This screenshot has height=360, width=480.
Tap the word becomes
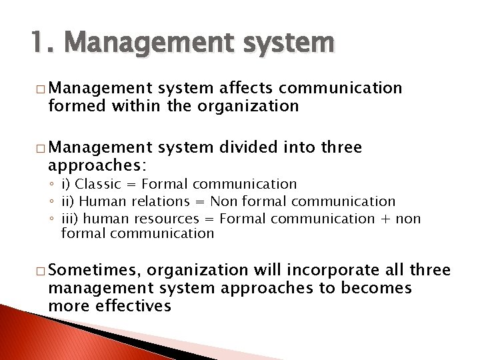click(376, 287)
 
